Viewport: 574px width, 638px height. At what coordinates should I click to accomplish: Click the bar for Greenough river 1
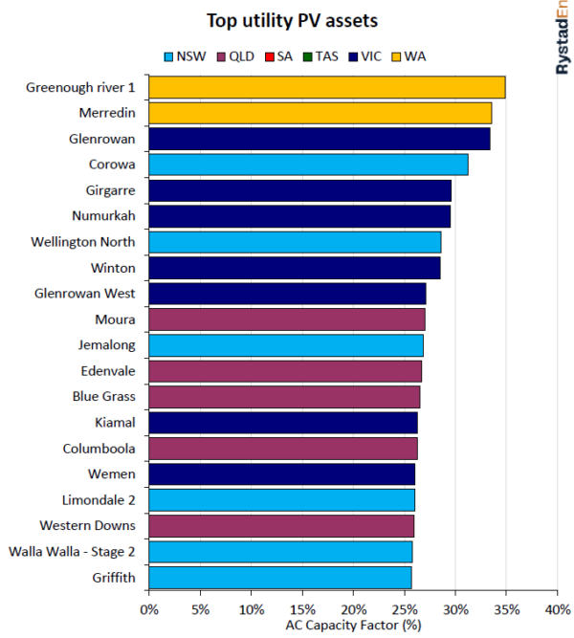(x=327, y=87)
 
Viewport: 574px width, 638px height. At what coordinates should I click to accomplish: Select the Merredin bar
(x=320, y=113)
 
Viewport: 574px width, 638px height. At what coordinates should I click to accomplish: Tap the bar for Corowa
(x=308, y=165)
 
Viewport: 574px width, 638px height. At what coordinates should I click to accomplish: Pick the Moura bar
(x=287, y=319)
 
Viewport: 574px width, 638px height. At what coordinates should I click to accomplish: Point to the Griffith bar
(x=280, y=577)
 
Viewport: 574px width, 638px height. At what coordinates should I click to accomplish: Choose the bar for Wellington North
(x=295, y=242)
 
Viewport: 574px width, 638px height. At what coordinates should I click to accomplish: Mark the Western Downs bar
(x=281, y=525)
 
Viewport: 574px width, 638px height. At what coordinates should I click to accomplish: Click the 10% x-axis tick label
(x=252, y=608)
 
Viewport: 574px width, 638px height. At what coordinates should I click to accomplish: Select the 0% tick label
(x=149, y=608)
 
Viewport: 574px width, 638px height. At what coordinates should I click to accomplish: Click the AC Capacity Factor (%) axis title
(x=353, y=625)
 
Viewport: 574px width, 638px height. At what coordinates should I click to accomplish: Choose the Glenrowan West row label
(x=84, y=294)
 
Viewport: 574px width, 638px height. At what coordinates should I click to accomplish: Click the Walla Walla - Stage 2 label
(x=72, y=551)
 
